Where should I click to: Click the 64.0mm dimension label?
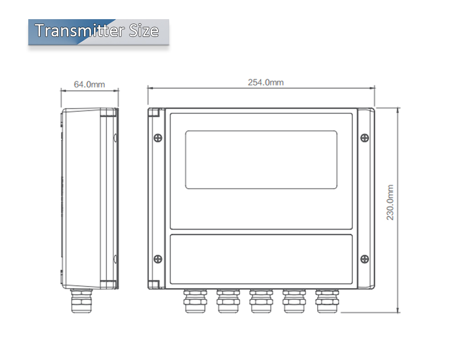click(89, 84)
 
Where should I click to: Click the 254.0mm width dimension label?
click(265, 82)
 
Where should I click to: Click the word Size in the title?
click(144, 31)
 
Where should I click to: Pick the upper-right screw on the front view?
click(364, 138)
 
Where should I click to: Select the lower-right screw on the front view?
click(364, 259)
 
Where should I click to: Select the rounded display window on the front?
click(261, 159)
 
